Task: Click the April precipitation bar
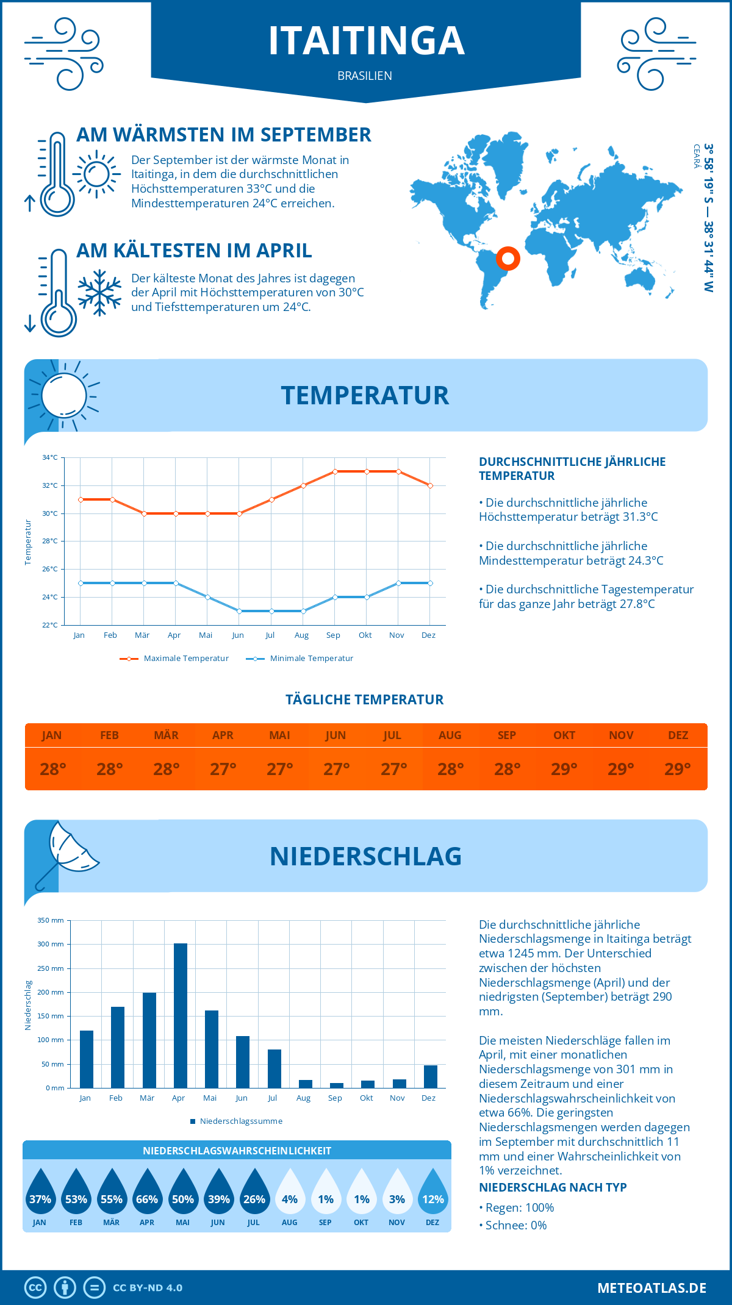point(181,1015)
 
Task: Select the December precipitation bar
point(431,1076)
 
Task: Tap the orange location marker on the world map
point(508,258)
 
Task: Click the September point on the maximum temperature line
point(335,471)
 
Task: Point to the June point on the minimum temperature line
point(239,611)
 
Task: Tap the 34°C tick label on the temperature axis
point(50,457)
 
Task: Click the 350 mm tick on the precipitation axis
point(51,920)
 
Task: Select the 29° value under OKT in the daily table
point(564,769)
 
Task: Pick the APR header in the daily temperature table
point(223,735)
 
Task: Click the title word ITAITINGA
point(366,41)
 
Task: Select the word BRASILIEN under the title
point(365,76)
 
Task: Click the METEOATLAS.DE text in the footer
point(651,1288)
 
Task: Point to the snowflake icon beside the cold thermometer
point(99,293)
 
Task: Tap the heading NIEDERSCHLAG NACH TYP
point(553,1187)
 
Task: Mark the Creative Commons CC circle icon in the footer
point(35,1288)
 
